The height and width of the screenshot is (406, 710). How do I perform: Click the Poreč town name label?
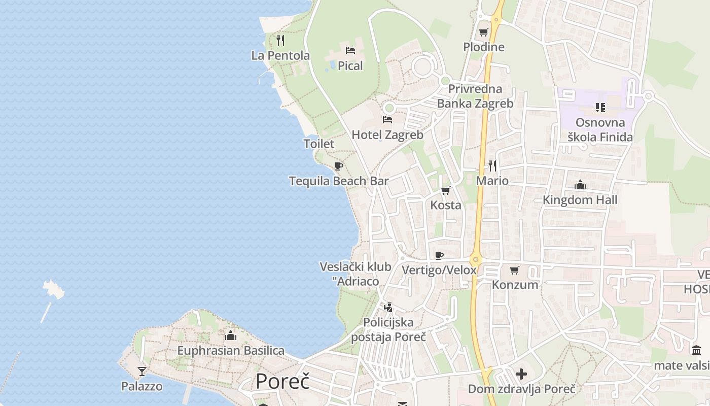(282, 381)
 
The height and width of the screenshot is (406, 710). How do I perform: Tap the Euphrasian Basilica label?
(231, 351)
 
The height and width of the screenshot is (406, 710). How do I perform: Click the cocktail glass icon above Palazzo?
(142, 371)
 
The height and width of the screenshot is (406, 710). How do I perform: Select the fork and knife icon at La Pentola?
(280, 40)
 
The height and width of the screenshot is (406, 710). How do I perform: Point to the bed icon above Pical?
(350, 50)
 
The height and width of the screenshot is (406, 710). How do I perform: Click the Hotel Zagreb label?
(387, 135)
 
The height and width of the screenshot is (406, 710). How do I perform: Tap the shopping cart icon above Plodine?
(484, 32)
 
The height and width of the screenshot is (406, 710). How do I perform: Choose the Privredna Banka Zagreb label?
(475, 96)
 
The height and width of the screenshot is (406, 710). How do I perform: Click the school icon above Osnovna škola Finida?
(600, 108)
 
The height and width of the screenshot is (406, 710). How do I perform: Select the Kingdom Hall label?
(580, 200)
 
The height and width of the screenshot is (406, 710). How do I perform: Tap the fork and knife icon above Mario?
(492, 165)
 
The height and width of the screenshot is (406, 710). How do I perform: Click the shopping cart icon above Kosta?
(446, 191)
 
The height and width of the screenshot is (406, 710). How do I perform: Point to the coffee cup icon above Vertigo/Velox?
(439, 255)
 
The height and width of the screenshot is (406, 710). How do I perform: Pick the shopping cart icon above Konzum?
(515, 270)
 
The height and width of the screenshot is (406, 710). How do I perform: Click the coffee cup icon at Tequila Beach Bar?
(339, 166)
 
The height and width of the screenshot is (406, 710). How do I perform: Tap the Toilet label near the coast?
(319, 144)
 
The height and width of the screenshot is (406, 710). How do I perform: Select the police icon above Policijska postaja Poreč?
(388, 307)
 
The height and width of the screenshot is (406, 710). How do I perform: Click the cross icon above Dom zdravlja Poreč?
(521, 375)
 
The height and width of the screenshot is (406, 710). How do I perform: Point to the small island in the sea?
(54, 289)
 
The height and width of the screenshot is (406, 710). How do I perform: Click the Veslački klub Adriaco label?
(356, 274)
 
